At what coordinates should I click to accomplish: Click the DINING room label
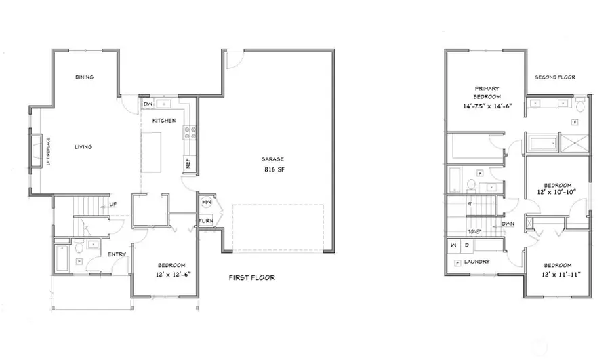[84, 77]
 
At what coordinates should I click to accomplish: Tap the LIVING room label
[83, 146]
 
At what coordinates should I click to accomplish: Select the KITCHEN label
[164, 121]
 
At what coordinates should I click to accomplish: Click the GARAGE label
[272, 159]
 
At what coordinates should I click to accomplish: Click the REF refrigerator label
[188, 164]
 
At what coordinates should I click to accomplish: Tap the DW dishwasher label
[148, 104]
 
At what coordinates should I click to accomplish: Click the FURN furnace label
[205, 221]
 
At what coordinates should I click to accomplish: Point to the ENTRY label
[117, 254]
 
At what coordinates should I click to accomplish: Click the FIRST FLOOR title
[251, 277]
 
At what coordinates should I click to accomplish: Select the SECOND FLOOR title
[554, 77]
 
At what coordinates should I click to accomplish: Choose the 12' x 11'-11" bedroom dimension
[558, 274]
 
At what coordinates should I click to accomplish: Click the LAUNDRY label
[477, 262]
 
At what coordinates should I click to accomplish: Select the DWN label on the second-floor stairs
[508, 224]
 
